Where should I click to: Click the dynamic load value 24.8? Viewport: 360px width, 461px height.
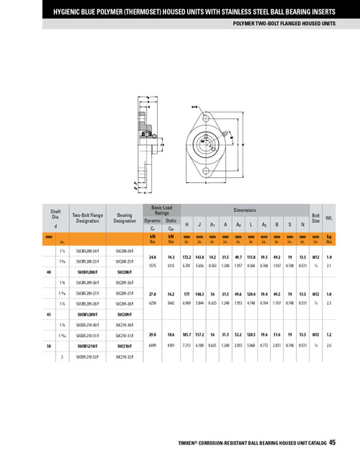tap(153, 256)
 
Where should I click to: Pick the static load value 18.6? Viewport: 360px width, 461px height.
tap(171, 334)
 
